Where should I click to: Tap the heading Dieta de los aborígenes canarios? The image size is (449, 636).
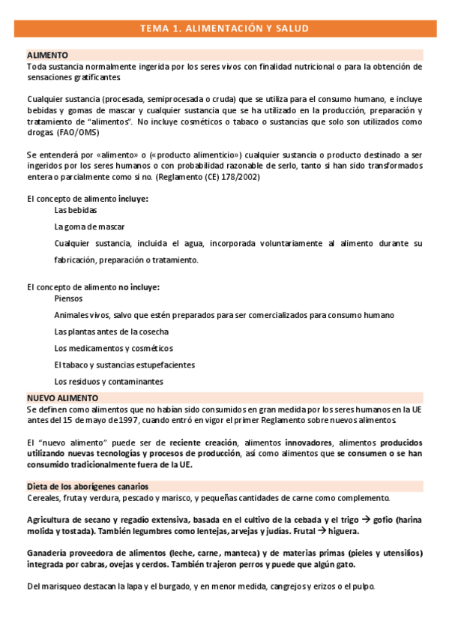click(x=87, y=486)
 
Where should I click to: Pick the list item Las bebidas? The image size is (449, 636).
click(x=76, y=211)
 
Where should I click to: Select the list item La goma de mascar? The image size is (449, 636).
click(x=89, y=226)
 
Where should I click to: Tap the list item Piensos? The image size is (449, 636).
click(x=68, y=298)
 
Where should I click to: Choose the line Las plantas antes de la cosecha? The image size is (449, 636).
click(x=111, y=331)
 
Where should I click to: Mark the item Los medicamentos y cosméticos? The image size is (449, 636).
click(x=113, y=348)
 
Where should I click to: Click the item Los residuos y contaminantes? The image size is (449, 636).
click(x=108, y=381)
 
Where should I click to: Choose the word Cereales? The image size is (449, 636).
click(x=44, y=497)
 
